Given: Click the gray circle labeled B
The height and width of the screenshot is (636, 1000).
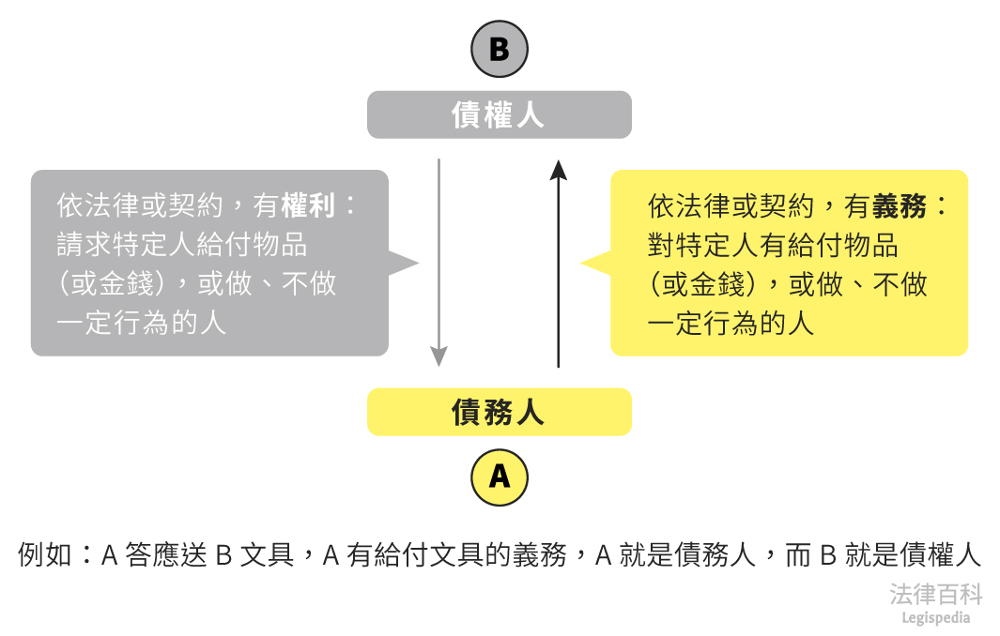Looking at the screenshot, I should click(x=499, y=49).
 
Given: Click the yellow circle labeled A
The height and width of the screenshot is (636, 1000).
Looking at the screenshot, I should click(x=499, y=477).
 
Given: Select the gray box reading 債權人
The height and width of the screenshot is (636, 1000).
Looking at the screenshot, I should click(x=499, y=115).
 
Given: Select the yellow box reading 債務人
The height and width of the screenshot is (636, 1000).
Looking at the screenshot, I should click(x=499, y=412).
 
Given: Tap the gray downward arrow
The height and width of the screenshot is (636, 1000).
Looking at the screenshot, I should click(x=438, y=263).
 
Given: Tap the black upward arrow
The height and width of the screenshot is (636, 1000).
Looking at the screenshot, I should click(x=559, y=263).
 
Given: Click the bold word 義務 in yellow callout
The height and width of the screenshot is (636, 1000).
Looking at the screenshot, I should click(x=900, y=205).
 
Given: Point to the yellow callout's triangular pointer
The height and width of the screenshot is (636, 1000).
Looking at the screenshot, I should click(x=594, y=264).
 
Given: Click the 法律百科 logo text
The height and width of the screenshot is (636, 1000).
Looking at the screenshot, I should click(x=935, y=594).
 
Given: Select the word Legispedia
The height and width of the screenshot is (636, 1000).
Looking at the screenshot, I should click(x=935, y=617).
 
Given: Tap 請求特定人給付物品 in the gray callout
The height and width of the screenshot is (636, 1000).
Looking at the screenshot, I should click(x=182, y=245).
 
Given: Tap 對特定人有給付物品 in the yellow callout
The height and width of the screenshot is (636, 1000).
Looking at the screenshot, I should click(x=773, y=245).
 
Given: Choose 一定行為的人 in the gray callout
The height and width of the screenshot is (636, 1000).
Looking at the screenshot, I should click(x=141, y=324).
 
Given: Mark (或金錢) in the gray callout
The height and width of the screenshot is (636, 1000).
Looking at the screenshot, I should click(x=112, y=284).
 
